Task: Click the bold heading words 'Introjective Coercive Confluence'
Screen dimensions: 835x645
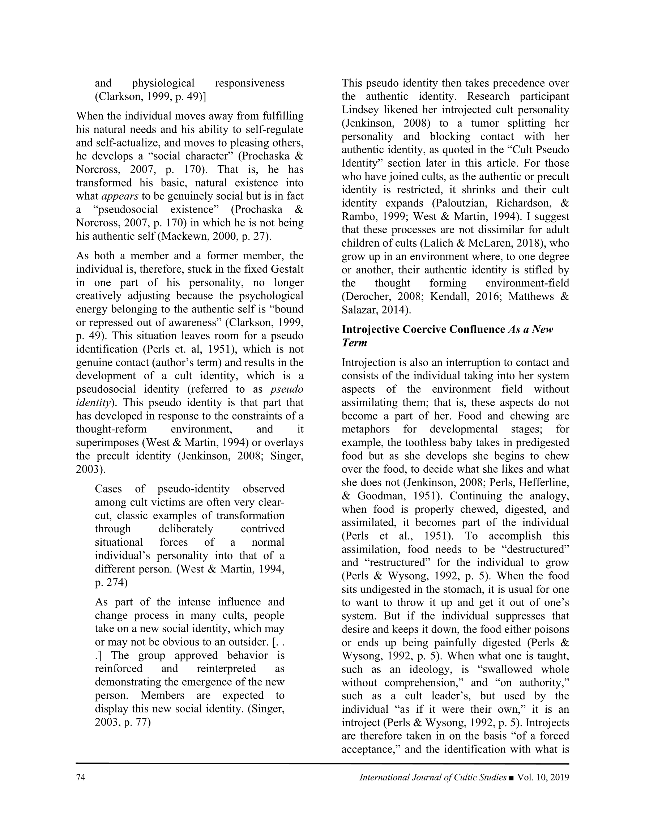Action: click(x=423, y=329)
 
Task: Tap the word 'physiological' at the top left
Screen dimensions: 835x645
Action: click(x=163, y=83)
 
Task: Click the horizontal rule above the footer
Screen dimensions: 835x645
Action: click(x=322, y=763)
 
